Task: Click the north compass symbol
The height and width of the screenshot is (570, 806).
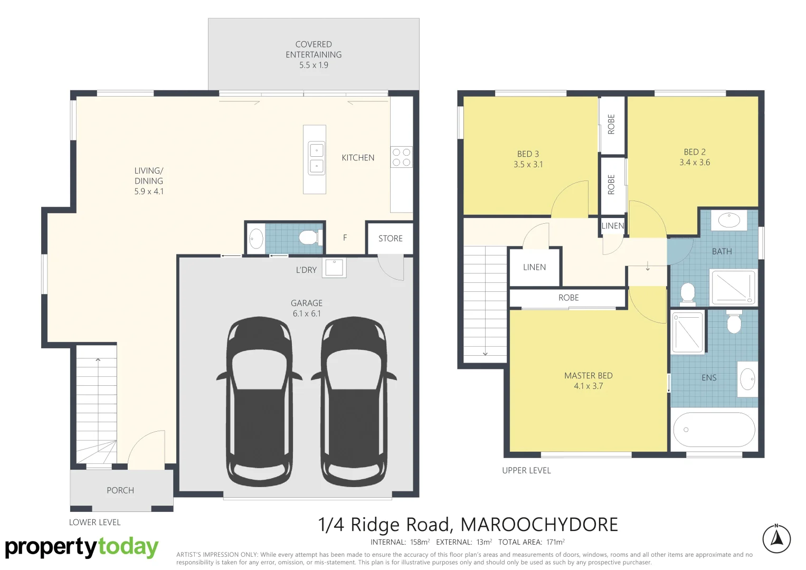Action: click(x=776, y=539)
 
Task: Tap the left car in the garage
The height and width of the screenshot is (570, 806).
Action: click(x=259, y=401)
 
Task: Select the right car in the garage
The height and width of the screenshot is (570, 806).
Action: click(x=354, y=401)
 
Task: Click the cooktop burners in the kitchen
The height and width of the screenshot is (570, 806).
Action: click(x=401, y=157)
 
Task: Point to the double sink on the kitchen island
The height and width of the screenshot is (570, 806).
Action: click(x=316, y=158)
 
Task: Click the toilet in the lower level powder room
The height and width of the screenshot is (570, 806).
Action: click(x=309, y=238)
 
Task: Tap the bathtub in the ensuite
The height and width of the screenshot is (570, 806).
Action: click(x=714, y=430)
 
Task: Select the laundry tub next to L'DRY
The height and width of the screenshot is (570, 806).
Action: click(x=334, y=268)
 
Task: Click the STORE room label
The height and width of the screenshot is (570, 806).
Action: click(x=390, y=239)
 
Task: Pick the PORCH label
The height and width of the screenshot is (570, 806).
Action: click(x=120, y=490)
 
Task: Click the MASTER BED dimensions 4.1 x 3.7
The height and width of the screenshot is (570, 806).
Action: click(x=588, y=386)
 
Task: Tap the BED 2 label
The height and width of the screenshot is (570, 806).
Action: click(x=694, y=152)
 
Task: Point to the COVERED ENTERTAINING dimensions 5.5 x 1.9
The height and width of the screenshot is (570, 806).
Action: click(x=314, y=65)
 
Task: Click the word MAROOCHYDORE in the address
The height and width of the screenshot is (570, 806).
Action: click(x=539, y=525)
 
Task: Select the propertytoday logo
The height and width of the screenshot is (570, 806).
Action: click(x=82, y=547)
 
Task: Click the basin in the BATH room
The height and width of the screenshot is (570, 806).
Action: click(x=729, y=220)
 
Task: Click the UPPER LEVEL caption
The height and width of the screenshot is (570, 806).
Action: click(x=526, y=470)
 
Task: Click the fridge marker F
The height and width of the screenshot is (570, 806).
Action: click(x=345, y=238)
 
